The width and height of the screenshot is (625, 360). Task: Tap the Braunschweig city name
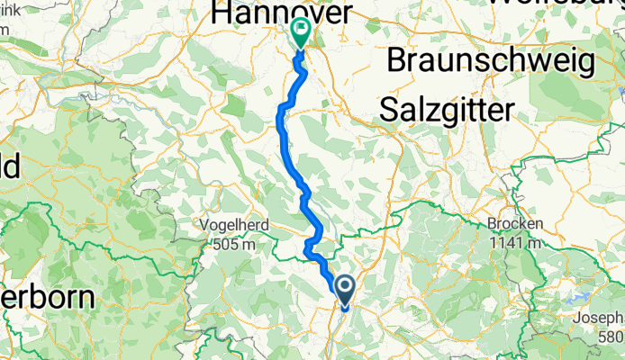[491, 61]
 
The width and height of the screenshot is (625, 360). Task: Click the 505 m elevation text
[233, 243]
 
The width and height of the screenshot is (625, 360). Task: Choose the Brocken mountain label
[514, 224]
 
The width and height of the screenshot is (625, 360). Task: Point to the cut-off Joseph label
[602, 318]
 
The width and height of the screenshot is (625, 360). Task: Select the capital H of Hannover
[220, 13]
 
